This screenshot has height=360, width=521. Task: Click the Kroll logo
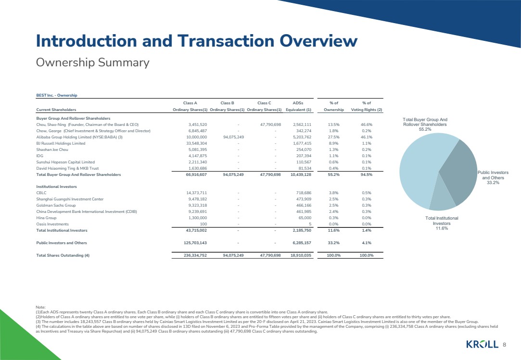coord(483,344)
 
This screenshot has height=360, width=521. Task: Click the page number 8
coord(505,345)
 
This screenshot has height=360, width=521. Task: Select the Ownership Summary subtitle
coord(92,62)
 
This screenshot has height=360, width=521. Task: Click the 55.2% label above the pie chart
coord(425,129)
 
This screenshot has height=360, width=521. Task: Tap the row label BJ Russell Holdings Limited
coord(61,143)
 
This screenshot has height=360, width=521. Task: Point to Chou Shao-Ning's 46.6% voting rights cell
coord(366,124)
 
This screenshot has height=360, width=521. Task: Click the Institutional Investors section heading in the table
coord(57,186)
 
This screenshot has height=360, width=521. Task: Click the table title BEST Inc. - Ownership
coord(57,95)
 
